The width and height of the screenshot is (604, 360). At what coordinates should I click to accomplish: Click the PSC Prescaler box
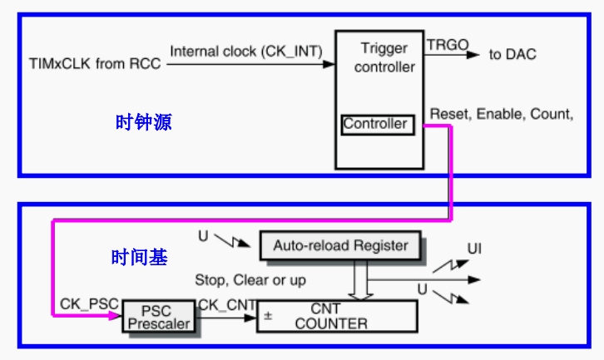point(158,317)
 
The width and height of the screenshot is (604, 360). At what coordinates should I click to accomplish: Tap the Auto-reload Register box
point(341,245)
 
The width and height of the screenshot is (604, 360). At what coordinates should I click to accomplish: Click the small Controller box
point(376,125)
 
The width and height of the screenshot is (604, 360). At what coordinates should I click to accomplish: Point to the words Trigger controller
point(384,57)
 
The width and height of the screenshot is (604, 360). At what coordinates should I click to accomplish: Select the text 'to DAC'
point(512,55)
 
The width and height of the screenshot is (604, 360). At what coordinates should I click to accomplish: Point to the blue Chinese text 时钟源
point(143,122)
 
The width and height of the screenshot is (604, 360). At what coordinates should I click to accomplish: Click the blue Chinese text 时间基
point(139,258)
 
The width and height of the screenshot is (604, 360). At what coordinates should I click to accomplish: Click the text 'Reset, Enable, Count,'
point(502,113)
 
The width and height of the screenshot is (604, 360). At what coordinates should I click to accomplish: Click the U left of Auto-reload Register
point(203,237)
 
